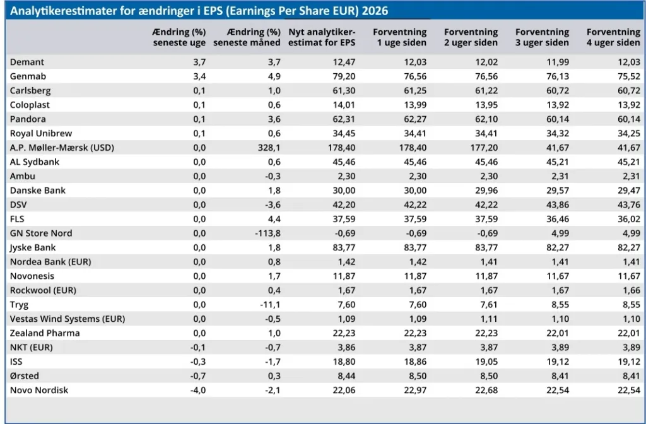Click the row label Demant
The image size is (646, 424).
coord(26,62)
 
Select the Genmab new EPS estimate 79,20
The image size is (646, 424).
coord(344,76)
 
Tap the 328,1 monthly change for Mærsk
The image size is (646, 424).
coord(269,148)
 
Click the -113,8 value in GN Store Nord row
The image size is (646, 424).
coord(267,233)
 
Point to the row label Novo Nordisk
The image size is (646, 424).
coord(39,390)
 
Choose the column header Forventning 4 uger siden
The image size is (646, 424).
coord(613,37)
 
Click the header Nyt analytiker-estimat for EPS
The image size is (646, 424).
coord(322,37)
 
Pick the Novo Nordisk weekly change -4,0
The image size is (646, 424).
coord(197,390)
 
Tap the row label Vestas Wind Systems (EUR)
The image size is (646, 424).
coord(68,319)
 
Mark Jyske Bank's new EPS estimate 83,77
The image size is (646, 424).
coord(344,247)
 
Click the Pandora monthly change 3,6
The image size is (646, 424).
coord(274,119)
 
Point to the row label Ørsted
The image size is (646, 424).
coord(25,376)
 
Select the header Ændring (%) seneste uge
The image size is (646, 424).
coord(179,37)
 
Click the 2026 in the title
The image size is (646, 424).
coord(375,11)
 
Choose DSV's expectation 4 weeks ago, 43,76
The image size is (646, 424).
coord(629,205)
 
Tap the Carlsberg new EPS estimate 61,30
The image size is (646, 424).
coord(344,91)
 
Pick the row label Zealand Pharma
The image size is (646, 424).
coord(45,333)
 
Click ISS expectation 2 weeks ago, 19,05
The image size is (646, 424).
coord(486,362)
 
